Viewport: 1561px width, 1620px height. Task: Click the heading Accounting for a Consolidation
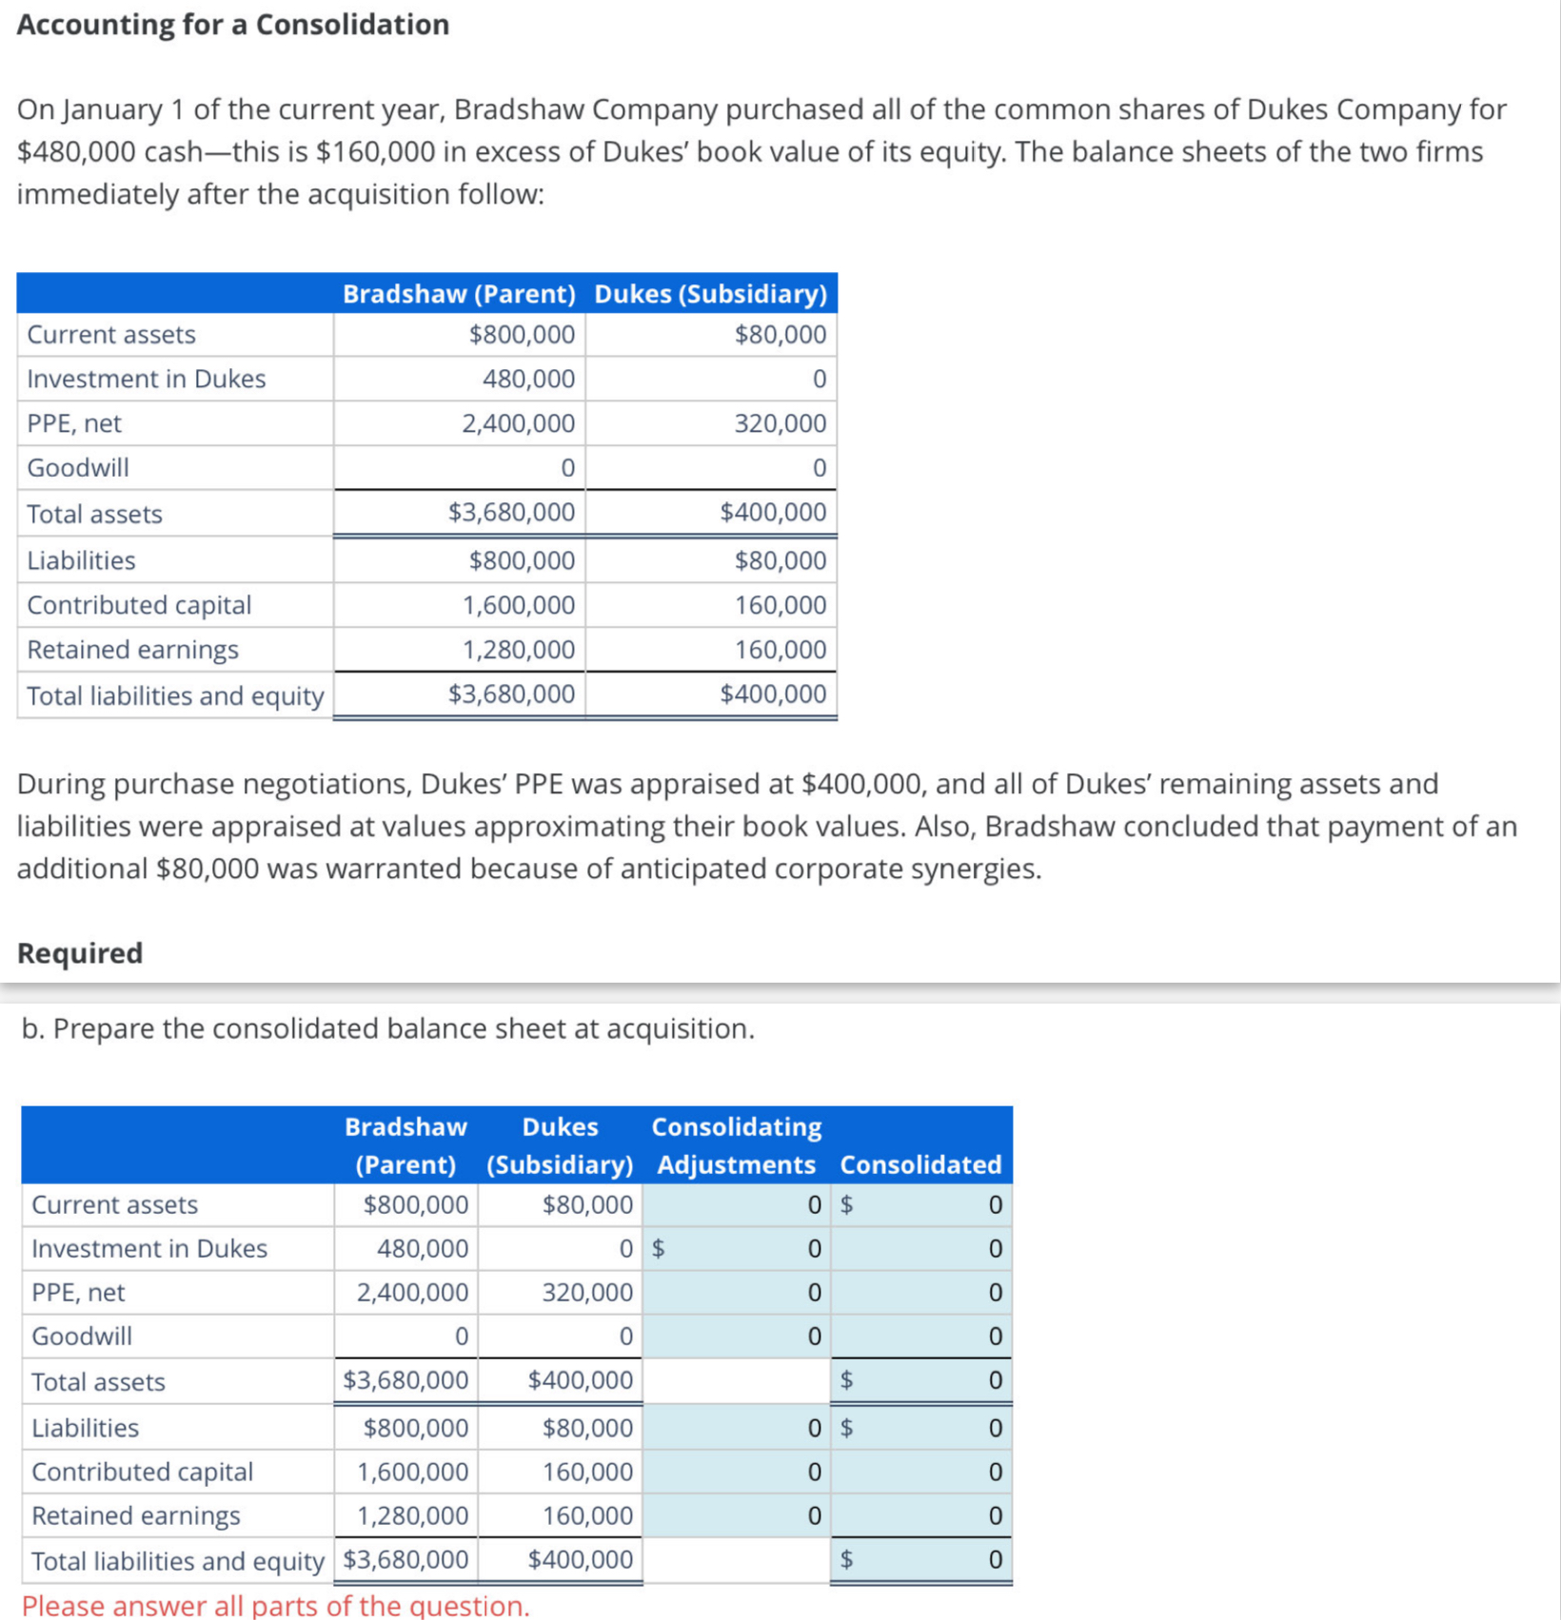tap(233, 25)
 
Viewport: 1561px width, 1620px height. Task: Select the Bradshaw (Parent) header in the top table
tap(459, 294)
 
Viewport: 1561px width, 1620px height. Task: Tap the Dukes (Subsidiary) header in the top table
tap(710, 294)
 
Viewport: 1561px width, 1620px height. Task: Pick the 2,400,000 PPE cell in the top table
tap(519, 423)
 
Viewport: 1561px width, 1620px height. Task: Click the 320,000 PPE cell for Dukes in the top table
tap(780, 423)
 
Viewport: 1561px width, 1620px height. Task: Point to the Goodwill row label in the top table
tap(78, 468)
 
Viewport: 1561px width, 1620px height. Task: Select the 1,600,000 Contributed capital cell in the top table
tap(519, 605)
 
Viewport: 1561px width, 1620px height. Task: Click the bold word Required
tap(80, 953)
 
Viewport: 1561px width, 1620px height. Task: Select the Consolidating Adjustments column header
tap(736, 1145)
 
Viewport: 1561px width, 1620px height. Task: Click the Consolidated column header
tap(920, 1164)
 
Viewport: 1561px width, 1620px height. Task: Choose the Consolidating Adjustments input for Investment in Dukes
tap(738, 1248)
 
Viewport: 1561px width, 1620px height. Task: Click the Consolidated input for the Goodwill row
tap(921, 1337)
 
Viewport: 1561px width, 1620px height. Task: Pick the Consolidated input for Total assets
tap(921, 1380)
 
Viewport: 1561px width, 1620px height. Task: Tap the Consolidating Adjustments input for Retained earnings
tap(738, 1515)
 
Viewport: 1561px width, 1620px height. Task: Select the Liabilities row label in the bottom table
tap(86, 1428)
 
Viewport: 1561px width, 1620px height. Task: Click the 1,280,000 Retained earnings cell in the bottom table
tap(412, 1515)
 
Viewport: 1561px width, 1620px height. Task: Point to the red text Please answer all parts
tap(275, 1606)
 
